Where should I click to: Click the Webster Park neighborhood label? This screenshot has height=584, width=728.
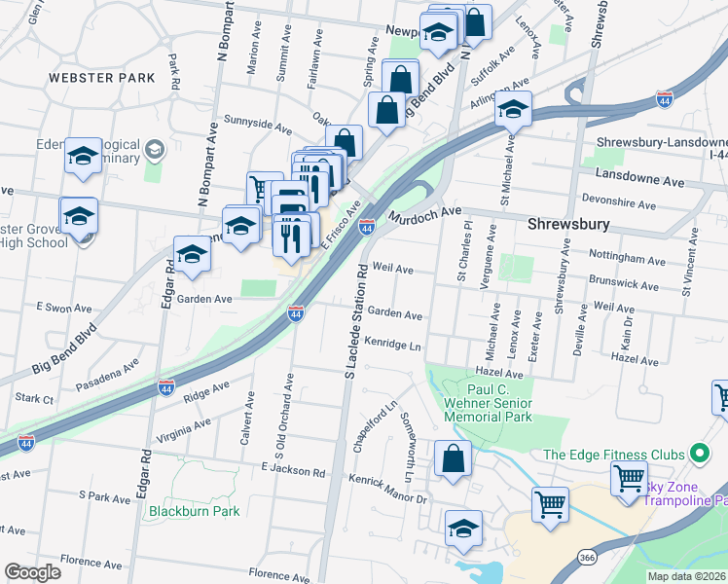coord(102,77)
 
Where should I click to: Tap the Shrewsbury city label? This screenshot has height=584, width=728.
coord(568,224)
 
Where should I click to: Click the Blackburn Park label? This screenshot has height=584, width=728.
coord(194,510)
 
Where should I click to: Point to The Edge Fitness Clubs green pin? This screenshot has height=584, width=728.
coord(698,454)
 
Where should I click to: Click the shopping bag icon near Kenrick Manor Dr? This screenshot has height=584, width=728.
coord(454,458)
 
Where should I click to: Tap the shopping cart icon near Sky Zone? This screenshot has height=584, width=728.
coord(629,479)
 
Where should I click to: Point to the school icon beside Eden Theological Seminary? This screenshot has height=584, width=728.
coord(83,157)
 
